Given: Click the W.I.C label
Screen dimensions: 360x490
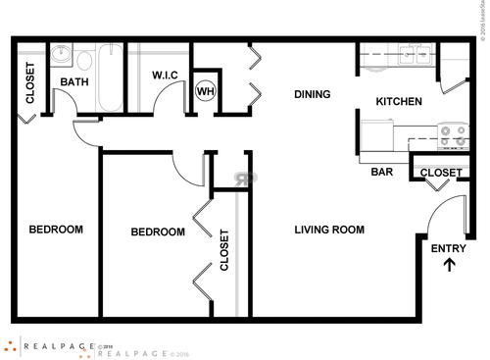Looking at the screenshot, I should point(164,75).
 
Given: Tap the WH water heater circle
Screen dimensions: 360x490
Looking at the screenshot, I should point(205,91).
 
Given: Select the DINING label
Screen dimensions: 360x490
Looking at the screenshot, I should point(312,94).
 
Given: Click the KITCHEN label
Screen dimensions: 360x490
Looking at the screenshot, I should point(399,101).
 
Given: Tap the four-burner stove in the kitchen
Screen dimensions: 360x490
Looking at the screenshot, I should point(452,135).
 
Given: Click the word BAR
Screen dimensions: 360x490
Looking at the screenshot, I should point(382,172).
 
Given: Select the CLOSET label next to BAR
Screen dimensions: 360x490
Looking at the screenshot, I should point(440,173).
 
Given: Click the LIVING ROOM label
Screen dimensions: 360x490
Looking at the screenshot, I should point(329,231).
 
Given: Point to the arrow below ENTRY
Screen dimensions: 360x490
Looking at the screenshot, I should point(450,264).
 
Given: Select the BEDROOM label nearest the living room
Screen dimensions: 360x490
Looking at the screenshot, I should point(158,232).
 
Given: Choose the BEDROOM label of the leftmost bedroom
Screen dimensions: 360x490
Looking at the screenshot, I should point(55,230).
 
